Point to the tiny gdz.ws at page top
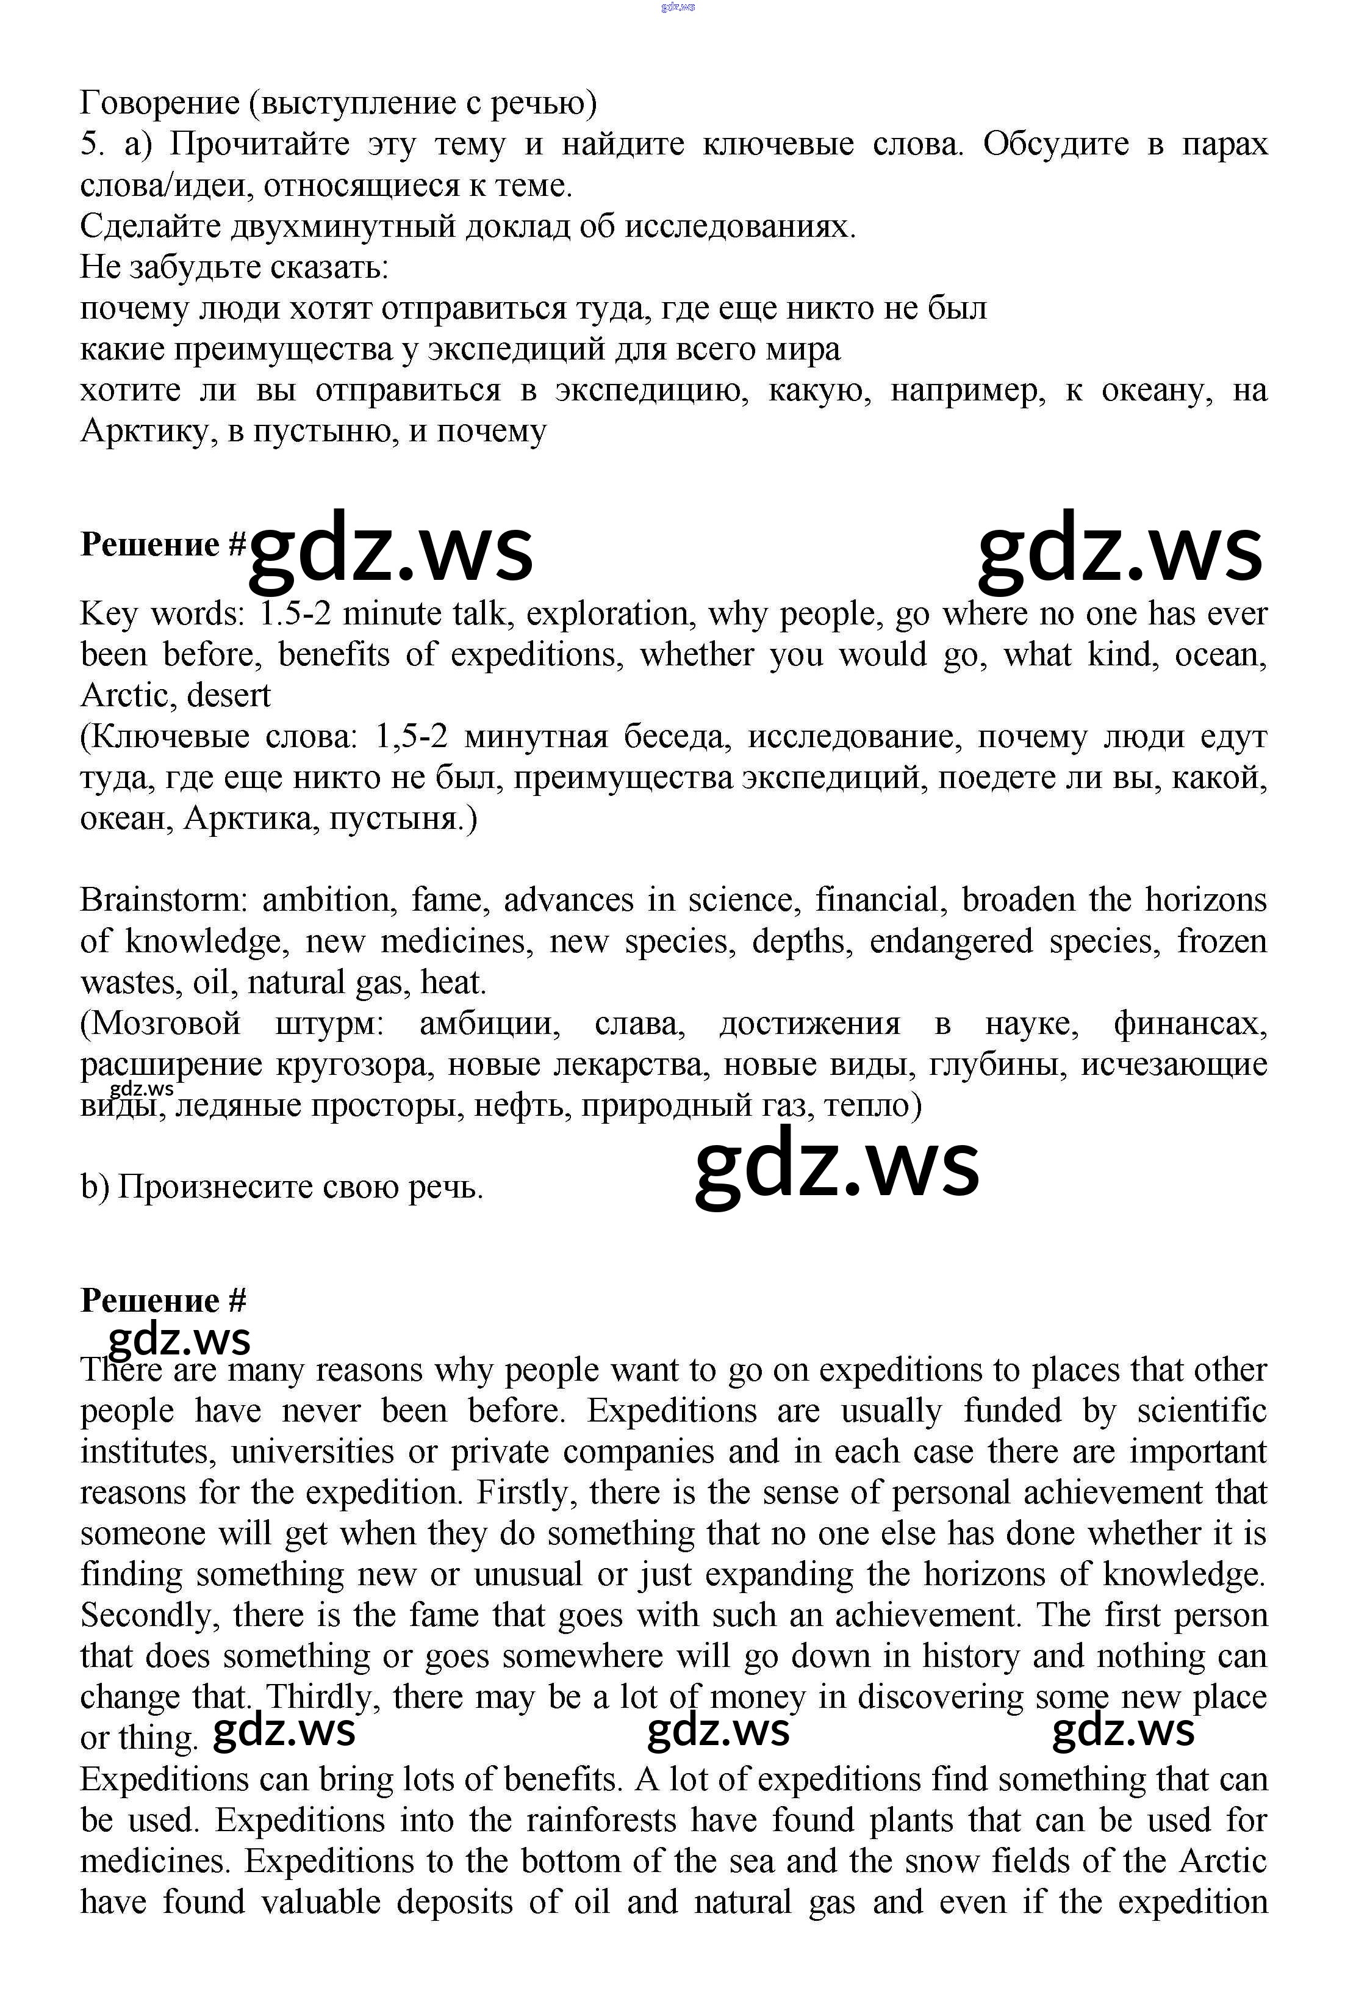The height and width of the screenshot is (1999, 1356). [678, 7]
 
